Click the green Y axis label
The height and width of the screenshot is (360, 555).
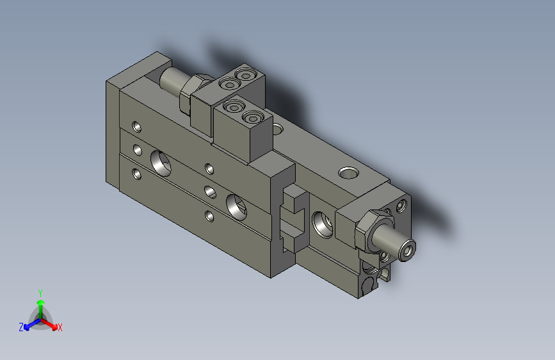tap(40, 292)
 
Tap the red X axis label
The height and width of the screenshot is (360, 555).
tap(60, 327)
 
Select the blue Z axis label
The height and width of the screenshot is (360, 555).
tap(21, 327)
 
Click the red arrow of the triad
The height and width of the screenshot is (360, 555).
tap(51, 323)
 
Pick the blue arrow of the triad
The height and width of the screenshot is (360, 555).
tap(29, 324)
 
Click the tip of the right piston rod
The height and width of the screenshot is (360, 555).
tap(407, 249)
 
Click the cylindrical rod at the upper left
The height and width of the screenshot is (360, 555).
tap(172, 80)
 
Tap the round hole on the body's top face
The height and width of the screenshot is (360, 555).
tap(349, 173)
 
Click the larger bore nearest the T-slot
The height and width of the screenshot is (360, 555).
tap(237, 207)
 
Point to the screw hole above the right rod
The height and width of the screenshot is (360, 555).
tap(401, 206)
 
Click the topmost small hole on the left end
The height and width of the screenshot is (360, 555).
tap(136, 126)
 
